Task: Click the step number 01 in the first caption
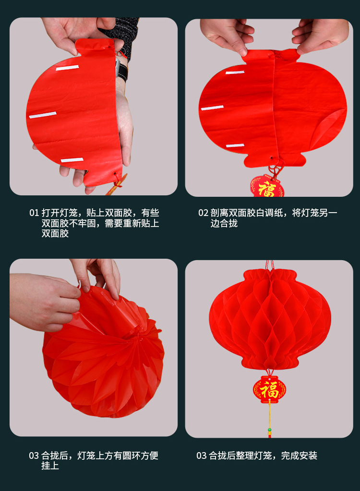(34, 213)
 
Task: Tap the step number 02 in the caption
(203, 213)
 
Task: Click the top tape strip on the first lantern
(67, 68)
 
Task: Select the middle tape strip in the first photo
(43, 115)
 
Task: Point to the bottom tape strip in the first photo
(72, 160)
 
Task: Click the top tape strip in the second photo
(235, 72)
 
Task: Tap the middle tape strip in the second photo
(212, 108)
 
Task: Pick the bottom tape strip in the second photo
(235, 145)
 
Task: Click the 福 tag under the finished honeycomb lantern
(269, 389)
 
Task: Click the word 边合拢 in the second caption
(224, 223)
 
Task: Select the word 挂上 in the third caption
(50, 466)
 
